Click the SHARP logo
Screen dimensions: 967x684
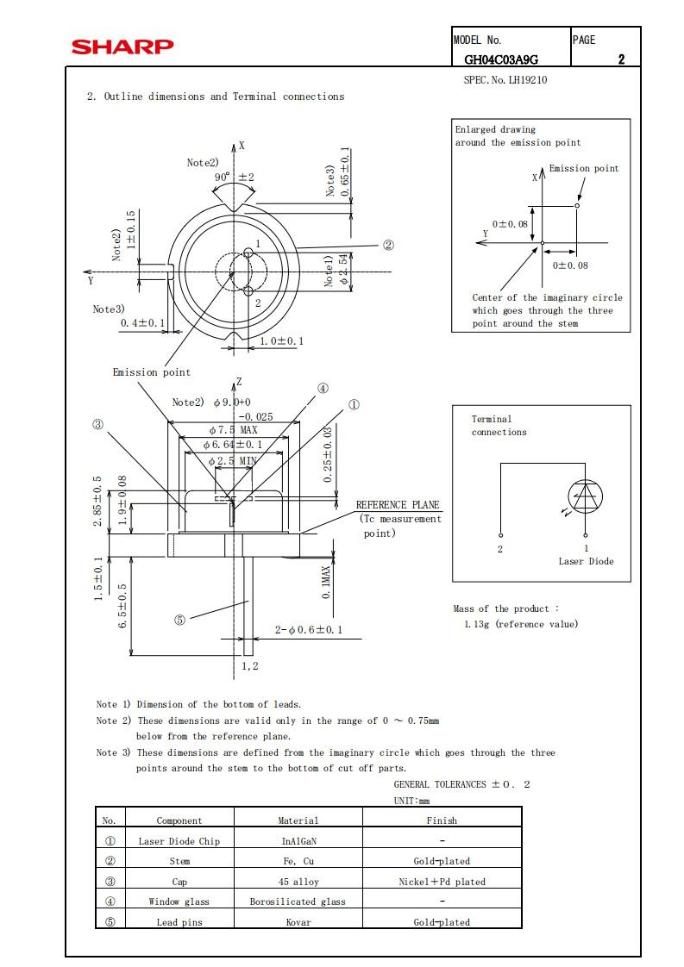(122, 47)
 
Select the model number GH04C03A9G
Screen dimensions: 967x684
(501, 59)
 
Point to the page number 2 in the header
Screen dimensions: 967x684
(621, 59)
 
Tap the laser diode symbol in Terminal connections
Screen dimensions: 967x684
(585, 496)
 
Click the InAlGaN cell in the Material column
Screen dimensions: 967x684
(298, 841)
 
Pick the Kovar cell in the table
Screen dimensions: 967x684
(298, 922)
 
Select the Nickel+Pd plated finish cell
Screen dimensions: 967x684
(442, 882)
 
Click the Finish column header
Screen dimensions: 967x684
(442, 820)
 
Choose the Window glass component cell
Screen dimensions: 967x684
(179, 901)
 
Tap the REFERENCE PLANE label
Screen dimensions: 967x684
(398, 505)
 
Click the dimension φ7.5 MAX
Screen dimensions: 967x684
(234, 429)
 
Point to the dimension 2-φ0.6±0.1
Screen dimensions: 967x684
(308, 630)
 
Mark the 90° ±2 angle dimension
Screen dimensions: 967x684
(234, 177)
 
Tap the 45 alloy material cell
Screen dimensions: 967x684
(298, 882)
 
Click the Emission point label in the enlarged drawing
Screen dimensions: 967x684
(584, 169)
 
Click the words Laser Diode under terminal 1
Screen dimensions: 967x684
(586, 561)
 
